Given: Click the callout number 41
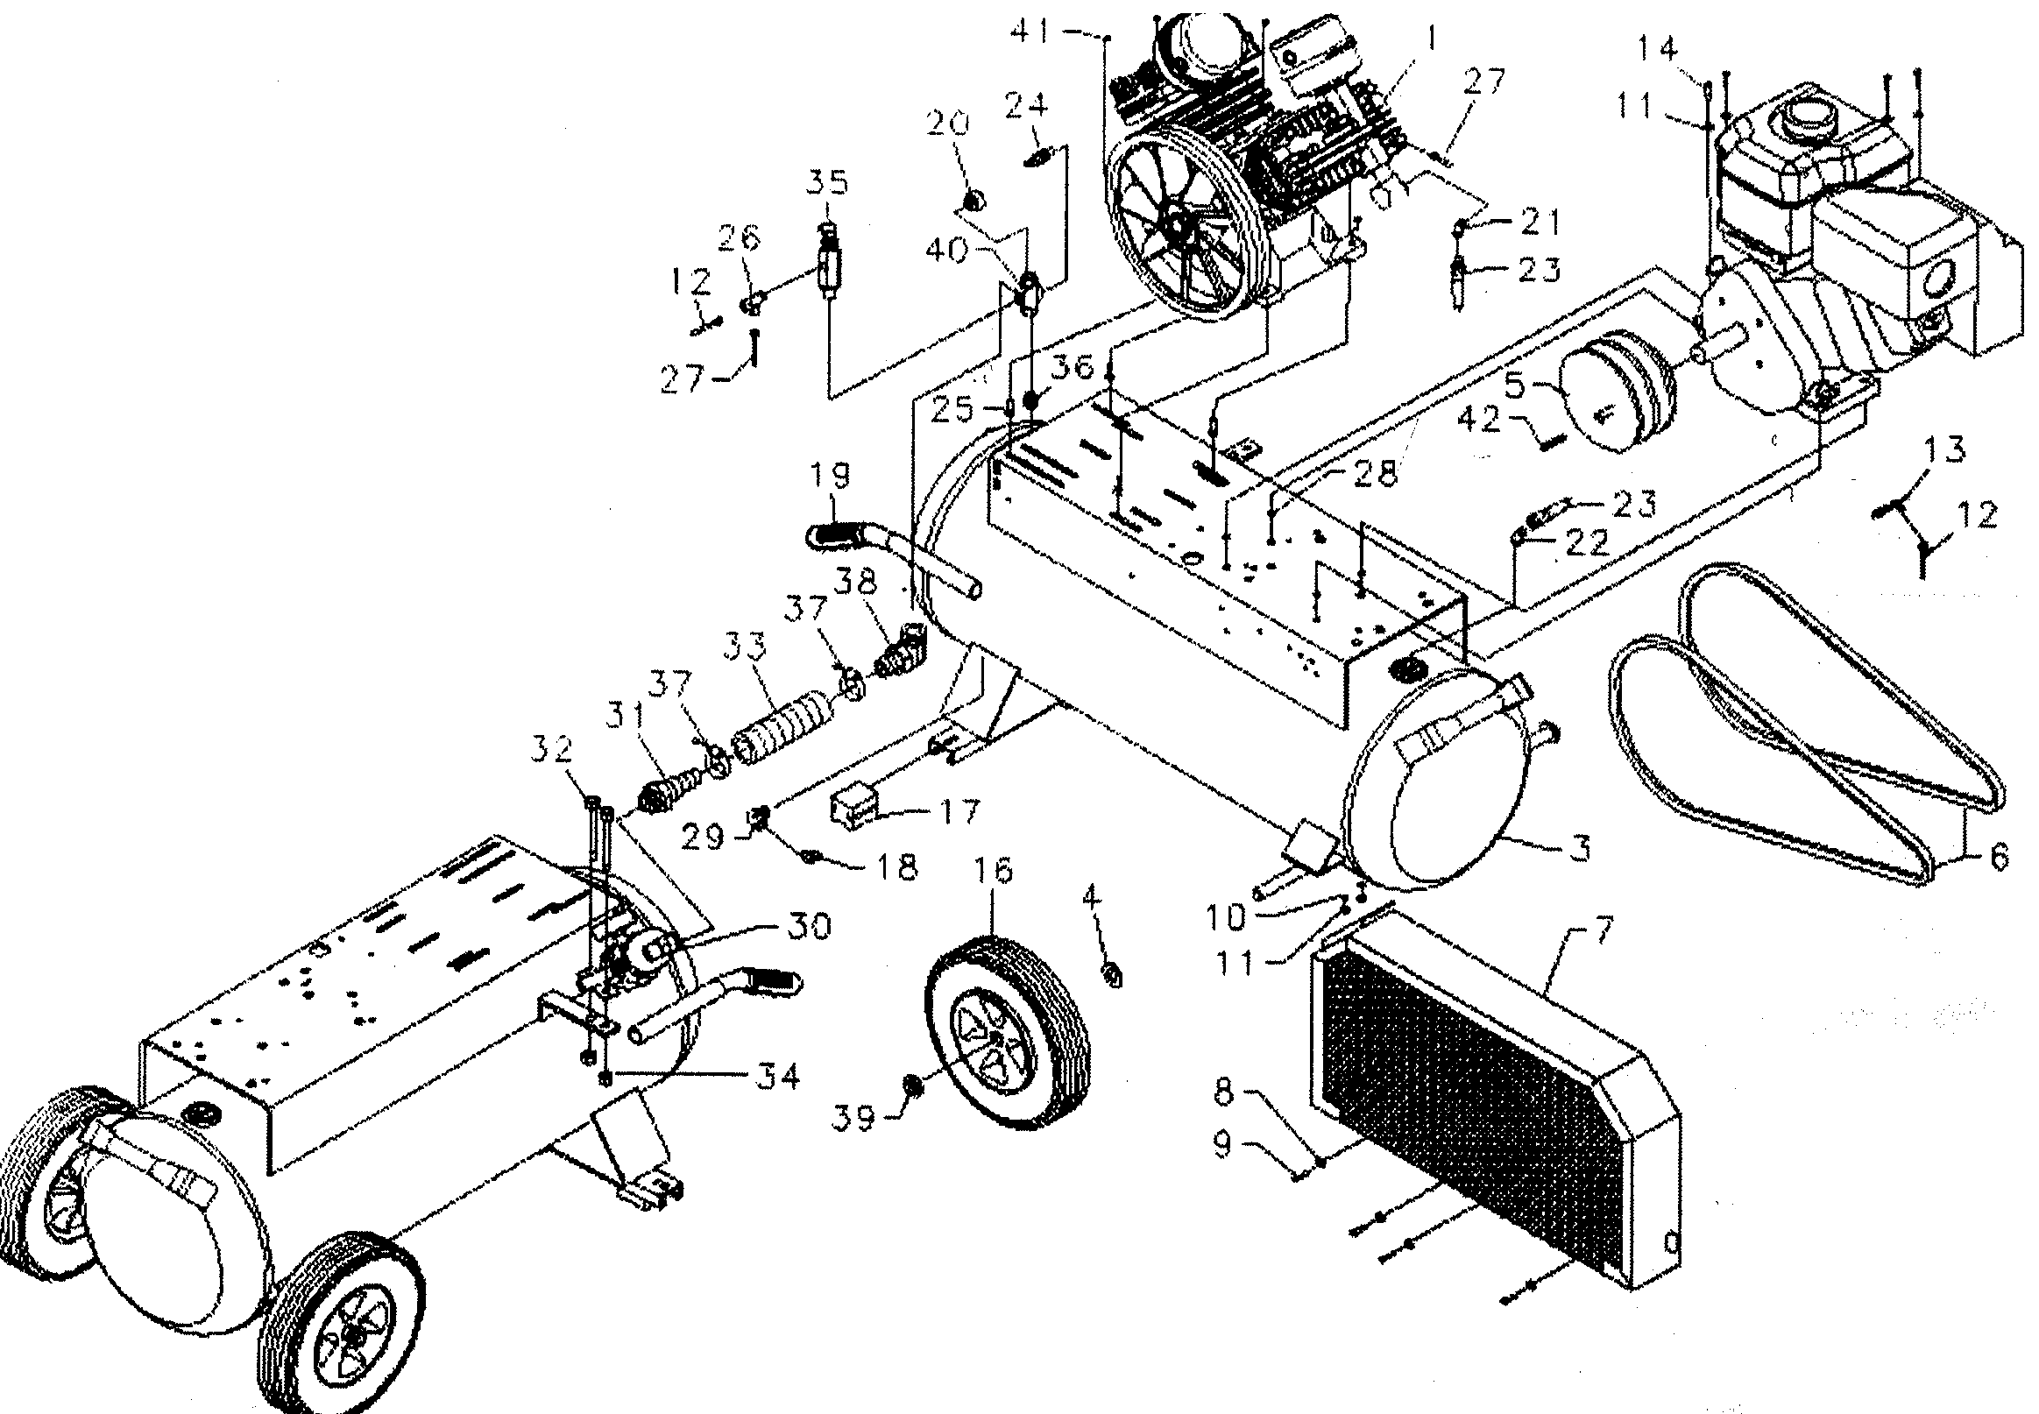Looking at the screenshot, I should pyautogui.click(x=1030, y=32).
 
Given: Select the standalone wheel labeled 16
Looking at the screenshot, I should pyautogui.click(x=1006, y=1033).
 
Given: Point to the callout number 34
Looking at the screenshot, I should pyautogui.click(x=777, y=1077).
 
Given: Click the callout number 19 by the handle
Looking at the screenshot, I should pyautogui.click(x=829, y=477).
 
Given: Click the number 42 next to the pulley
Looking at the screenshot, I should pyautogui.click(x=1479, y=418).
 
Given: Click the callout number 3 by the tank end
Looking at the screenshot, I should pyautogui.click(x=1579, y=848).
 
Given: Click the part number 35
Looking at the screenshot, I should pyautogui.click(x=828, y=181).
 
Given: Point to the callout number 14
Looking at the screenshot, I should pyautogui.click(x=1657, y=46).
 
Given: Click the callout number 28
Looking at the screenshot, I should pyautogui.click(x=1376, y=474).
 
